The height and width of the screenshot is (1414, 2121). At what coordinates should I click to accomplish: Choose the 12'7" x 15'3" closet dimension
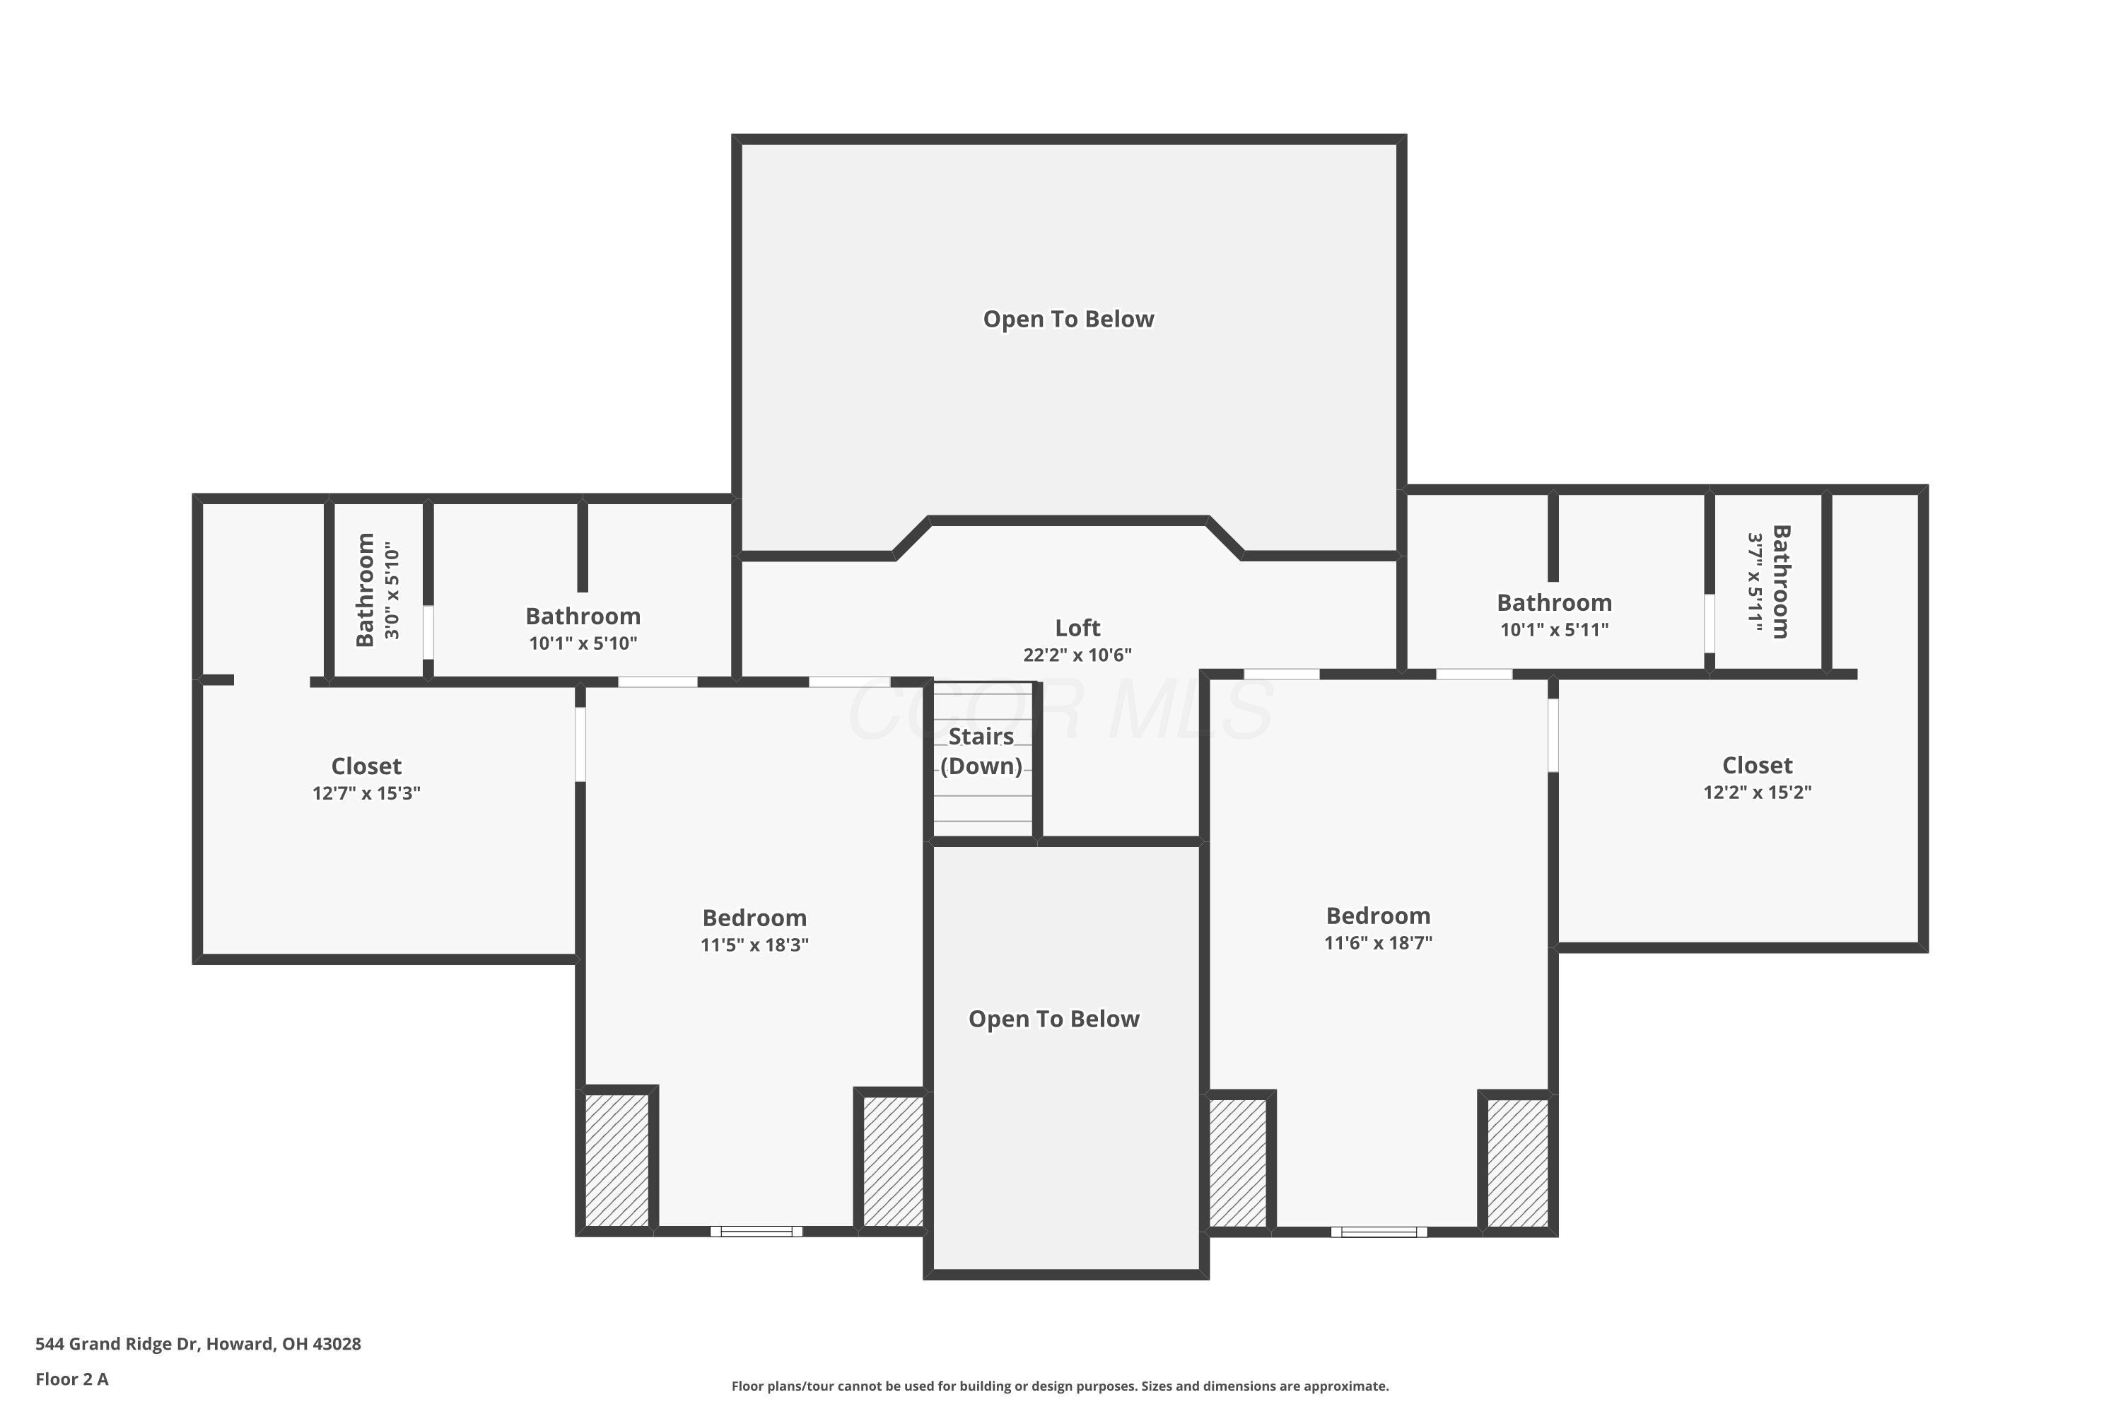pyautogui.click(x=366, y=793)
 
